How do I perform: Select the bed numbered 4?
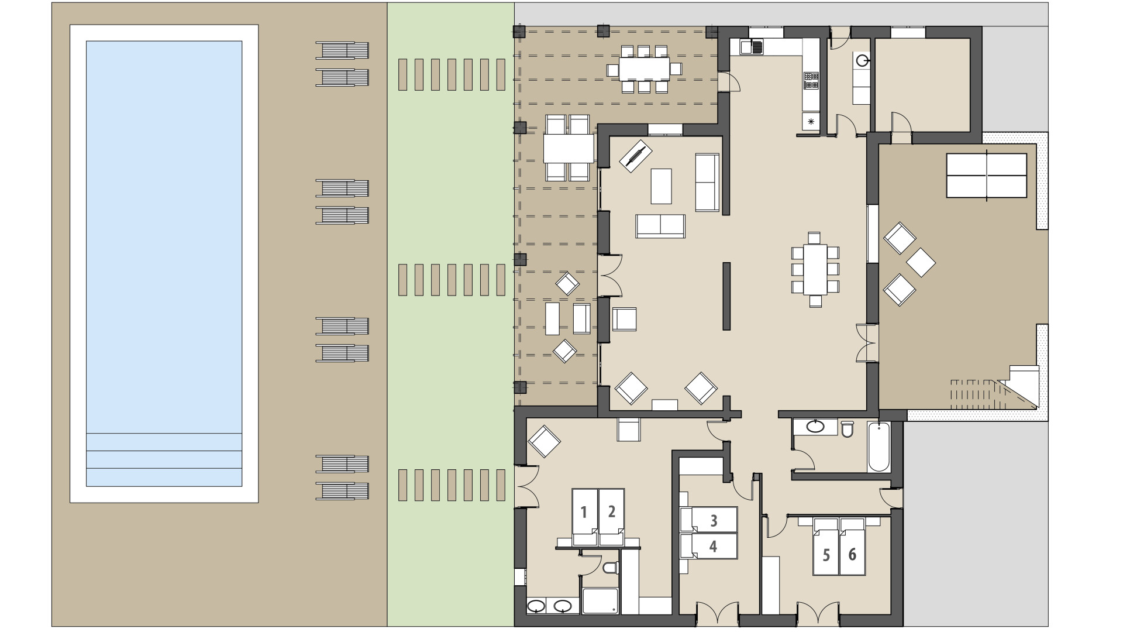[712, 546]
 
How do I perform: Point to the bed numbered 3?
[713, 519]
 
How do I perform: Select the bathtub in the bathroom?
[879, 448]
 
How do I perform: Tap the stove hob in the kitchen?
[811, 81]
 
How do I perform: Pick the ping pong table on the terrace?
[986, 175]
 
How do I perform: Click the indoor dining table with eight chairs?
[815, 269]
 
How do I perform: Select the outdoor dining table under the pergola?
[643, 69]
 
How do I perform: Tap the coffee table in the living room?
[661, 186]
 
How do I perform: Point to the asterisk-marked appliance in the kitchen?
[811, 122]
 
